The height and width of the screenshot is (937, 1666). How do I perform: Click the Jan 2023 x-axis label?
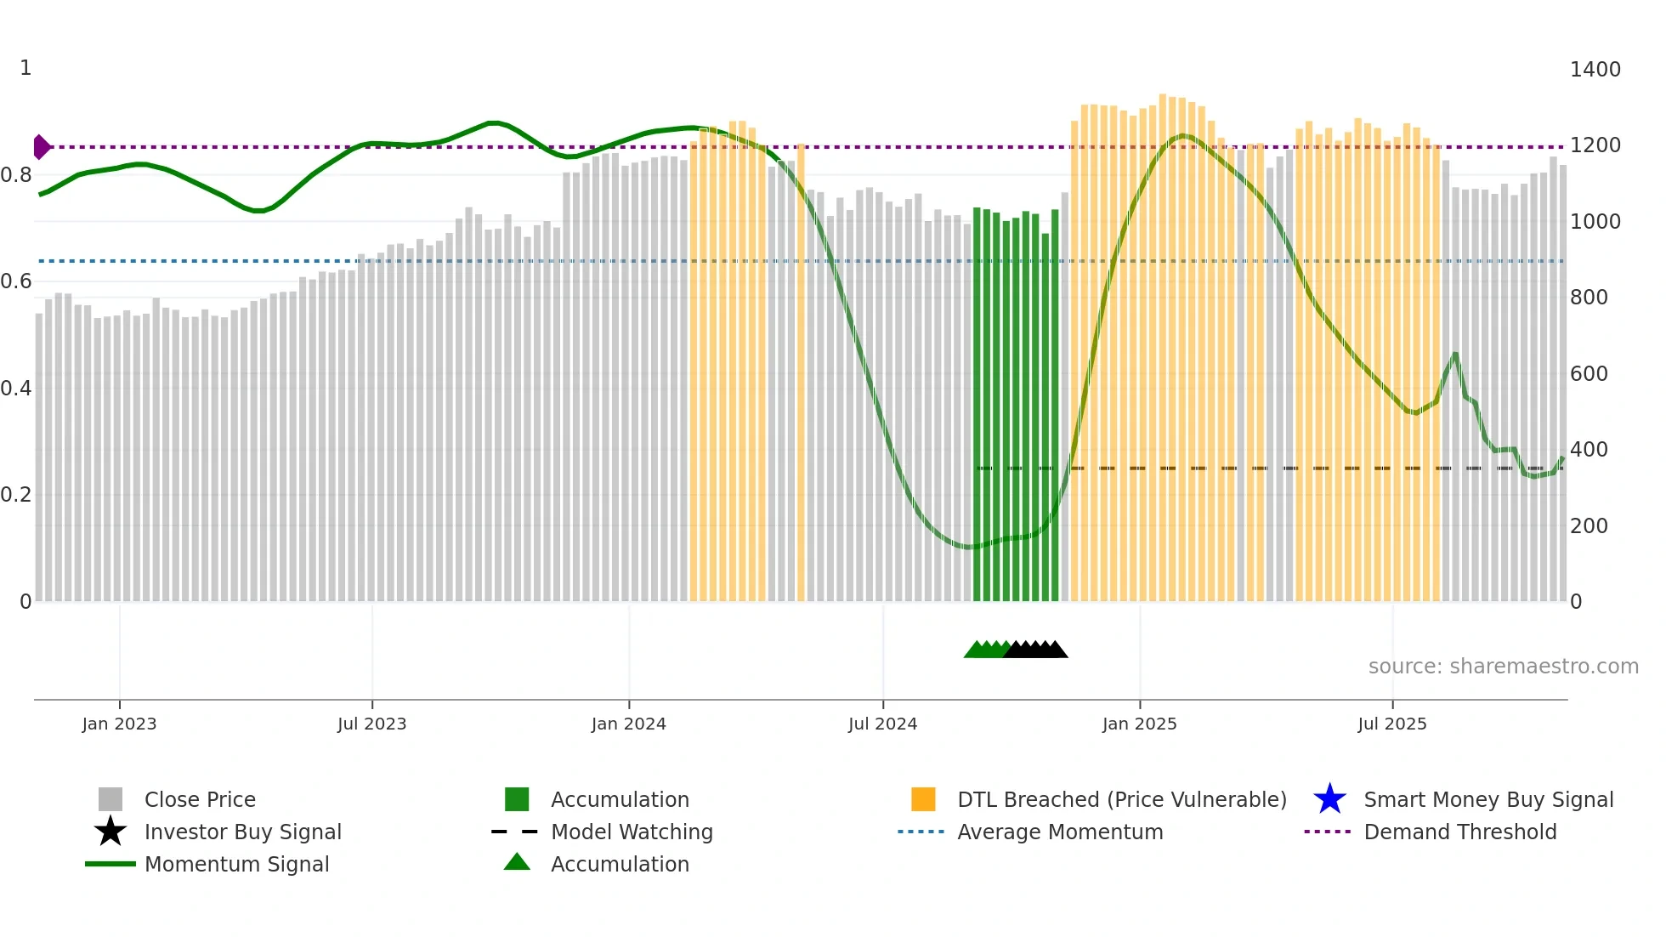pyautogui.click(x=119, y=724)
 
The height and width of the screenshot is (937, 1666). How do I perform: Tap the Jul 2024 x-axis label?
pyautogui.click(x=882, y=724)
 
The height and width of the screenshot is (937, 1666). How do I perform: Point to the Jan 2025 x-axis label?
pyautogui.click(x=1139, y=724)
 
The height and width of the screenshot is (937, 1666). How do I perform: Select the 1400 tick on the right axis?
pyautogui.click(x=1595, y=70)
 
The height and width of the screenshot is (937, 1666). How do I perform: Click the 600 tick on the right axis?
pyautogui.click(x=1589, y=374)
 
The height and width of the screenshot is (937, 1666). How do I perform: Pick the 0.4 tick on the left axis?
pyautogui.click(x=16, y=389)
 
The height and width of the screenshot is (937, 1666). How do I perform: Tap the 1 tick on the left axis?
pyautogui.click(x=25, y=68)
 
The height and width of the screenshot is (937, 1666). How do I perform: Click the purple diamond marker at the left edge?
pyautogui.click(x=41, y=147)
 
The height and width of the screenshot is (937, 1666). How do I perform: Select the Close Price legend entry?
pyautogui.click(x=200, y=799)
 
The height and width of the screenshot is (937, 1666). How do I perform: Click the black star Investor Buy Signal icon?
pyautogui.click(x=110, y=832)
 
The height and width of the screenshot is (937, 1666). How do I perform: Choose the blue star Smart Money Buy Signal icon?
pyautogui.click(x=1329, y=799)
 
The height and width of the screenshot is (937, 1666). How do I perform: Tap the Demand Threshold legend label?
pyautogui.click(x=1459, y=832)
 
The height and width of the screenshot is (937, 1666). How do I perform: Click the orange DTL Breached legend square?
pyautogui.click(x=923, y=799)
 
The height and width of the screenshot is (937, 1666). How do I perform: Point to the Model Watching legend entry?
pyautogui.click(x=632, y=832)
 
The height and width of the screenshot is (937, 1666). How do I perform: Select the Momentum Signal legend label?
pyautogui.click(x=236, y=864)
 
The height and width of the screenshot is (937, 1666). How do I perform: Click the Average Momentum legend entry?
pyautogui.click(x=1059, y=832)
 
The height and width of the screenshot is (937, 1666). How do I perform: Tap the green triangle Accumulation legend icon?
pyautogui.click(x=517, y=863)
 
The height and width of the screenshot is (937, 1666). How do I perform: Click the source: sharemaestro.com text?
pyautogui.click(x=1503, y=667)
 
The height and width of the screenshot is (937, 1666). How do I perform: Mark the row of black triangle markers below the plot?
pyautogui.click(x=1036, y=650)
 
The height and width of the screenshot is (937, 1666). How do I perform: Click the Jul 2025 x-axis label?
pyautogui.click(x=1391, y=724)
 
